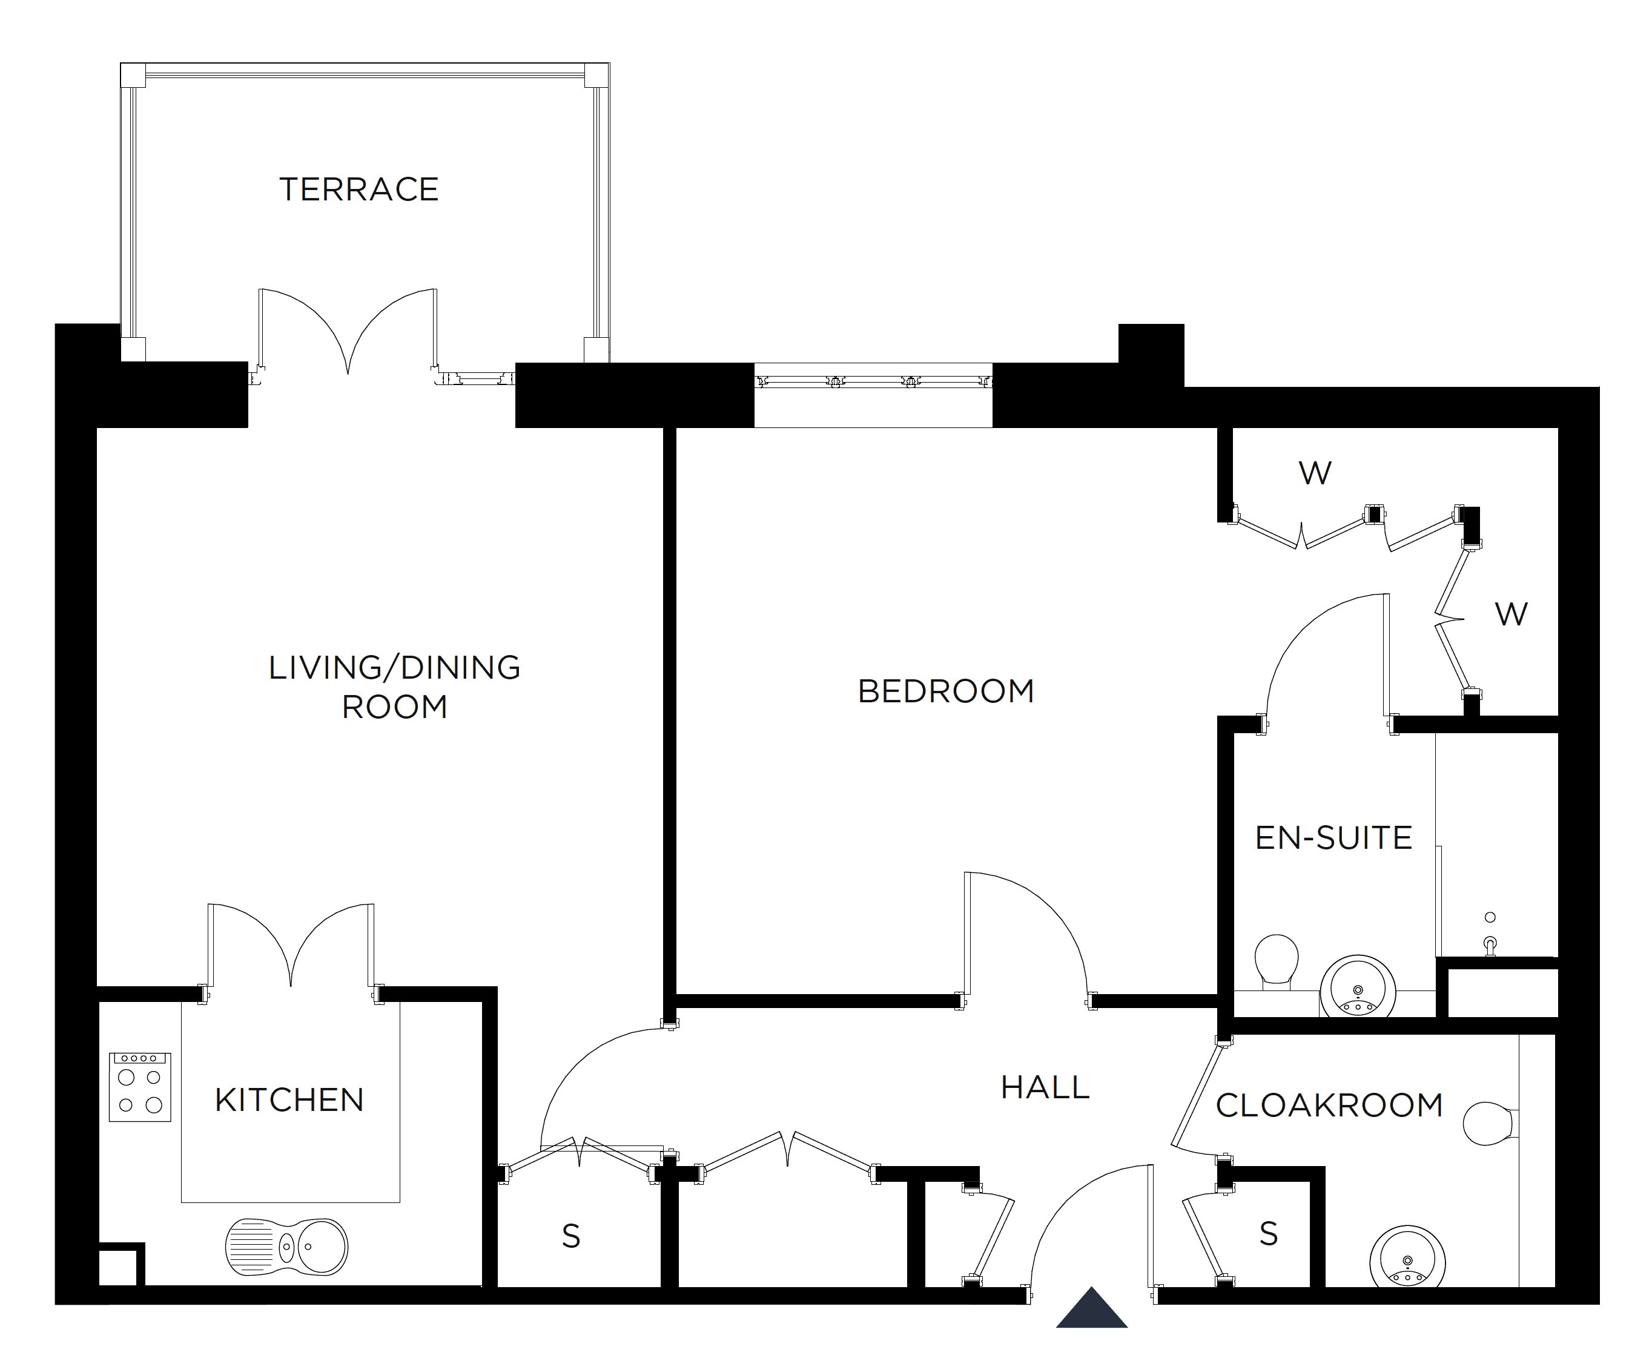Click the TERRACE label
[359, 189]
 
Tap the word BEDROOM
[945, 691]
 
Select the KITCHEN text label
[289, 1100]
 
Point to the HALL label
[1045, 1087]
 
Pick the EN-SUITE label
[1333, 838]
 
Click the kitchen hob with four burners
[139, 1087]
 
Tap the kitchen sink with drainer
[287, 1246]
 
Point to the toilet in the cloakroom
[1488, 1124]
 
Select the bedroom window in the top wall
[873, 383]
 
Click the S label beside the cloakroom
[1269, 1234]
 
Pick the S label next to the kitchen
[571, 1236]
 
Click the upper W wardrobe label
[1315, 473]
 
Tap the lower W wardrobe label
[1511, 615]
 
